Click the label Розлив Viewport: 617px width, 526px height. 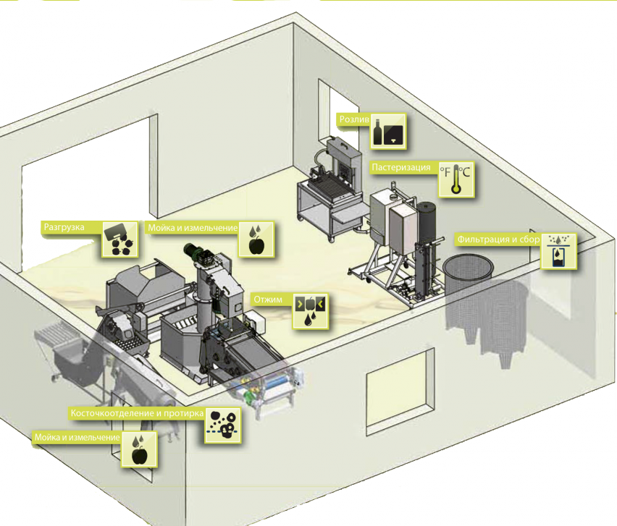click(x=354, y=119)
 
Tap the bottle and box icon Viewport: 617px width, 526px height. click(x=388, y=132)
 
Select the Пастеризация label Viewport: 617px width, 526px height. click(x=401, y=167)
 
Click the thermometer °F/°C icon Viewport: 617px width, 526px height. click(x=456, y=179)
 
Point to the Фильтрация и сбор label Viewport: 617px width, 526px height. click(x=498, y=239)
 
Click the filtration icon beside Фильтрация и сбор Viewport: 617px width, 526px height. click(x=559, y=251)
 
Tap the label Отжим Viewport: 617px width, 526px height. click(x=268, y=299)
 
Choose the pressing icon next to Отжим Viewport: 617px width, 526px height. click(x=310, y=311)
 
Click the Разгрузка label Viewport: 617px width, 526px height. click(x=64, y=227)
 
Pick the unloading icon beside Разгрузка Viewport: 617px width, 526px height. click(x=120, y=239)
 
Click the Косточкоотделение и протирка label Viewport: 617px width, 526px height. click(x=137, y=413)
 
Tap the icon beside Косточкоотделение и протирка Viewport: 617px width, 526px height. click(x=222, y=425)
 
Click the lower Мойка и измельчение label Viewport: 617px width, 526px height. click(x=77, y=437)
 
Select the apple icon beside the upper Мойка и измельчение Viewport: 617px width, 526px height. click(x=256, y=239)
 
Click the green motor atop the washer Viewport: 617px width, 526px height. click(x=193, y=252)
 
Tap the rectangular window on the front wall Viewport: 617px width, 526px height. click(x=397, y=389)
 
